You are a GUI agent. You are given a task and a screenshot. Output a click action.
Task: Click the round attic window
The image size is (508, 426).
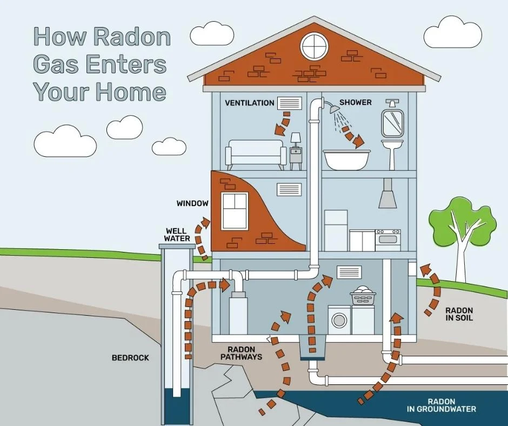tap(315, 45)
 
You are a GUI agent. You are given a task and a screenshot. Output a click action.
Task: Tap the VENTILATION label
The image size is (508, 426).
tap(249, 103)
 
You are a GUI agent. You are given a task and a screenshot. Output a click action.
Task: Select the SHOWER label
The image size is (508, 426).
tap(355, 102)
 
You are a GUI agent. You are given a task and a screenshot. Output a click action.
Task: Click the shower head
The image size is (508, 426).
tap(335, 109)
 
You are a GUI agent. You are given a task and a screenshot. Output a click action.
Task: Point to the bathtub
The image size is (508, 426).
tap(346, 159)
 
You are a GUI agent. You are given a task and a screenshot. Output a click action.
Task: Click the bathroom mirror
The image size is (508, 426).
tap(392, 123)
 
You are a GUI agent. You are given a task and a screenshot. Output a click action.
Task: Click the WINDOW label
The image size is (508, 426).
tap(192, 204)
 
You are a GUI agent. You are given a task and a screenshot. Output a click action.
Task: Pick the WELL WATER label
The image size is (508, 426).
tap(177, 235)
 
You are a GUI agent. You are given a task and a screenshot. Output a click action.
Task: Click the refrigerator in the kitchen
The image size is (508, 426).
tap(336, 230)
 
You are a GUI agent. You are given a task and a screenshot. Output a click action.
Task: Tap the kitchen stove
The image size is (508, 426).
tap(388, 239)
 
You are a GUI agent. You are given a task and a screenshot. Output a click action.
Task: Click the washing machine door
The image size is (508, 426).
tap(339, 319)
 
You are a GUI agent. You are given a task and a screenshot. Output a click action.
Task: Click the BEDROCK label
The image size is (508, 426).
tap(130, 358)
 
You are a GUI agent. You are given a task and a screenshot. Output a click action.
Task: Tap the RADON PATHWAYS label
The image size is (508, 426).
tap(241, 353)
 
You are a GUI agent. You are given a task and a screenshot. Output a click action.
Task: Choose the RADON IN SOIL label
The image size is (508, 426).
tap(459, 314)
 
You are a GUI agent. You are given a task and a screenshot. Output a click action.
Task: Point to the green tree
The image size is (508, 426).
tap(461, 222)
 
